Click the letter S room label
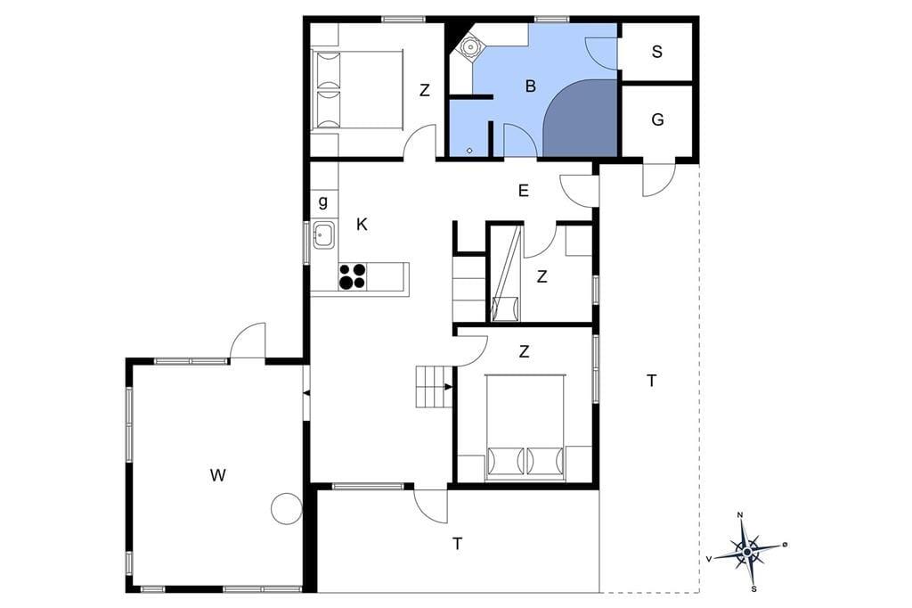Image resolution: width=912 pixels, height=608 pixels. [656, 52]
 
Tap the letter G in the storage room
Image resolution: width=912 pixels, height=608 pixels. [658, 120]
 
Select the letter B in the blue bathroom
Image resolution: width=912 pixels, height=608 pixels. [530, 86]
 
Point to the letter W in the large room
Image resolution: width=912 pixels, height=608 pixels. [217, 476]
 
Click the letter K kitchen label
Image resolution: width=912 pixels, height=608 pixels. [362, 225]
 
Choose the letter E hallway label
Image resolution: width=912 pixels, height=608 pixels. [524, 191]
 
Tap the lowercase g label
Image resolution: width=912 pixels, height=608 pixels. [322, 202]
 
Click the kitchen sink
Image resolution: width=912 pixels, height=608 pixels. [323, 234]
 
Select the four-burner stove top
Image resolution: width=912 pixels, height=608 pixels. [353, 276]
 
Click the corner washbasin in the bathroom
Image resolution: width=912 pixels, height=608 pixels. [469, 46]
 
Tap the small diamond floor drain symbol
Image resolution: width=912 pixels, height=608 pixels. [469, 151]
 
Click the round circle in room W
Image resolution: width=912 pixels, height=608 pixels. [287, 508]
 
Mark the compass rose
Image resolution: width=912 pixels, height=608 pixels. [747, 552]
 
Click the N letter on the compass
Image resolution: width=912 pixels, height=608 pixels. [740, 514]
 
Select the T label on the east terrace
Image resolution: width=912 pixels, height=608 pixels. [651, 381]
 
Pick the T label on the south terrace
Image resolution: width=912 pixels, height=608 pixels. [458, 544]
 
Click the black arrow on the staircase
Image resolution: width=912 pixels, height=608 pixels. [449, 387]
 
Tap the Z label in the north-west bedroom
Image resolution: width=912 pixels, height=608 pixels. [425, 90]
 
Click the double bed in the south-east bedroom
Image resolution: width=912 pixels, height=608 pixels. [525, 427]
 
